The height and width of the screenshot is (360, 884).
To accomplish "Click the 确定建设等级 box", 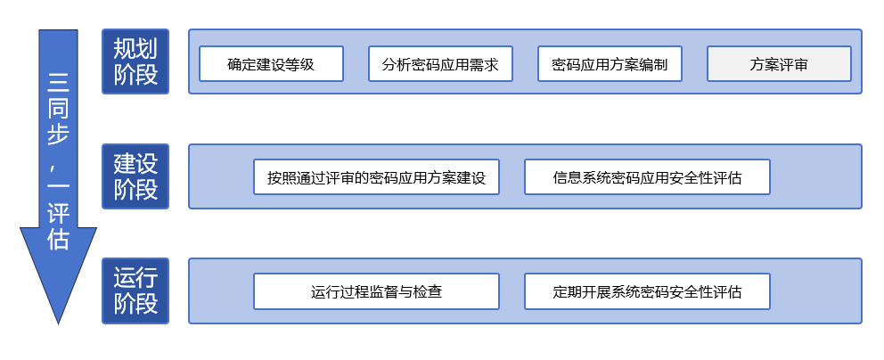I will point(271,64).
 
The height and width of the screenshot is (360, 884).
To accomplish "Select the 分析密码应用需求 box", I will point(440,64).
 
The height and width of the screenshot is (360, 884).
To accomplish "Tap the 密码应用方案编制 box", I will point(610,64).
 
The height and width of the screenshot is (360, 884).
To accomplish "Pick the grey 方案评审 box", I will point(779,64).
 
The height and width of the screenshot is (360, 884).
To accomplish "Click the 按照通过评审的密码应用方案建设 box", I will point(376,177).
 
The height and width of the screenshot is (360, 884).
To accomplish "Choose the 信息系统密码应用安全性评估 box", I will point(647,177).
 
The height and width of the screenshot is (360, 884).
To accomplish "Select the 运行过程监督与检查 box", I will point(376,291).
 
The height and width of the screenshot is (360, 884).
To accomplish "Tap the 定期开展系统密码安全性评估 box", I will point(647,291).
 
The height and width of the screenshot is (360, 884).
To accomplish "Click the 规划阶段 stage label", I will point(135,61).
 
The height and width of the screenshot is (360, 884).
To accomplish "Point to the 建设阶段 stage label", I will point(135,176).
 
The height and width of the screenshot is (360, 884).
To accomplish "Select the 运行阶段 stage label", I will point(135,290).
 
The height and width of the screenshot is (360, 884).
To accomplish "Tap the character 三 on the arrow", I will point(58,83).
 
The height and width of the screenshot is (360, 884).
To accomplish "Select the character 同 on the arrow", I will point(58,110).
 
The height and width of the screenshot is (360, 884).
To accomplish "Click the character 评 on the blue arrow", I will point(58,214).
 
